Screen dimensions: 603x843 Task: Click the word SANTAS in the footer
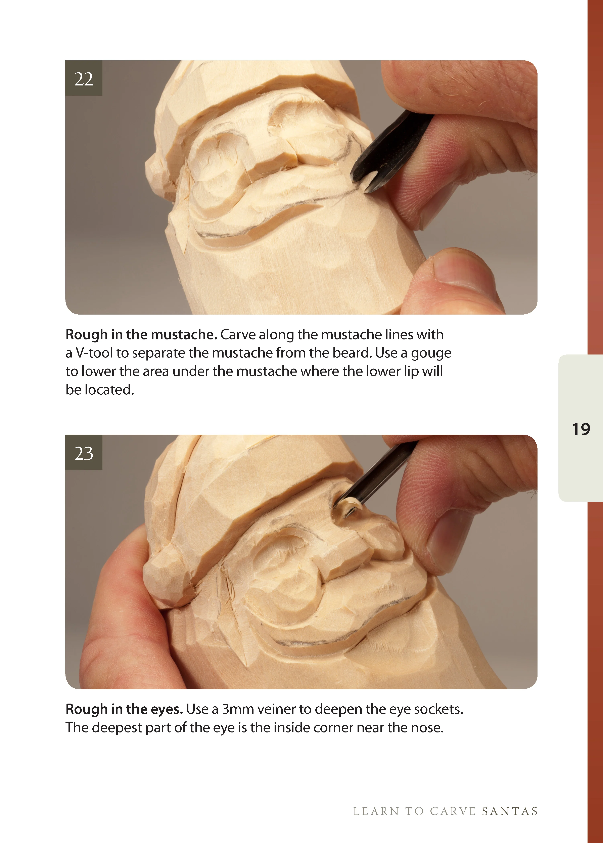pyautogui.click(x=510, y=812)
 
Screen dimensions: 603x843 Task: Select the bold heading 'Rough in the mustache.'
pyautogui.click(x=141, y=334)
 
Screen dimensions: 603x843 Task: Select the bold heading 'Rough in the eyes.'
pyautogui.click(x=124, y=709)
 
